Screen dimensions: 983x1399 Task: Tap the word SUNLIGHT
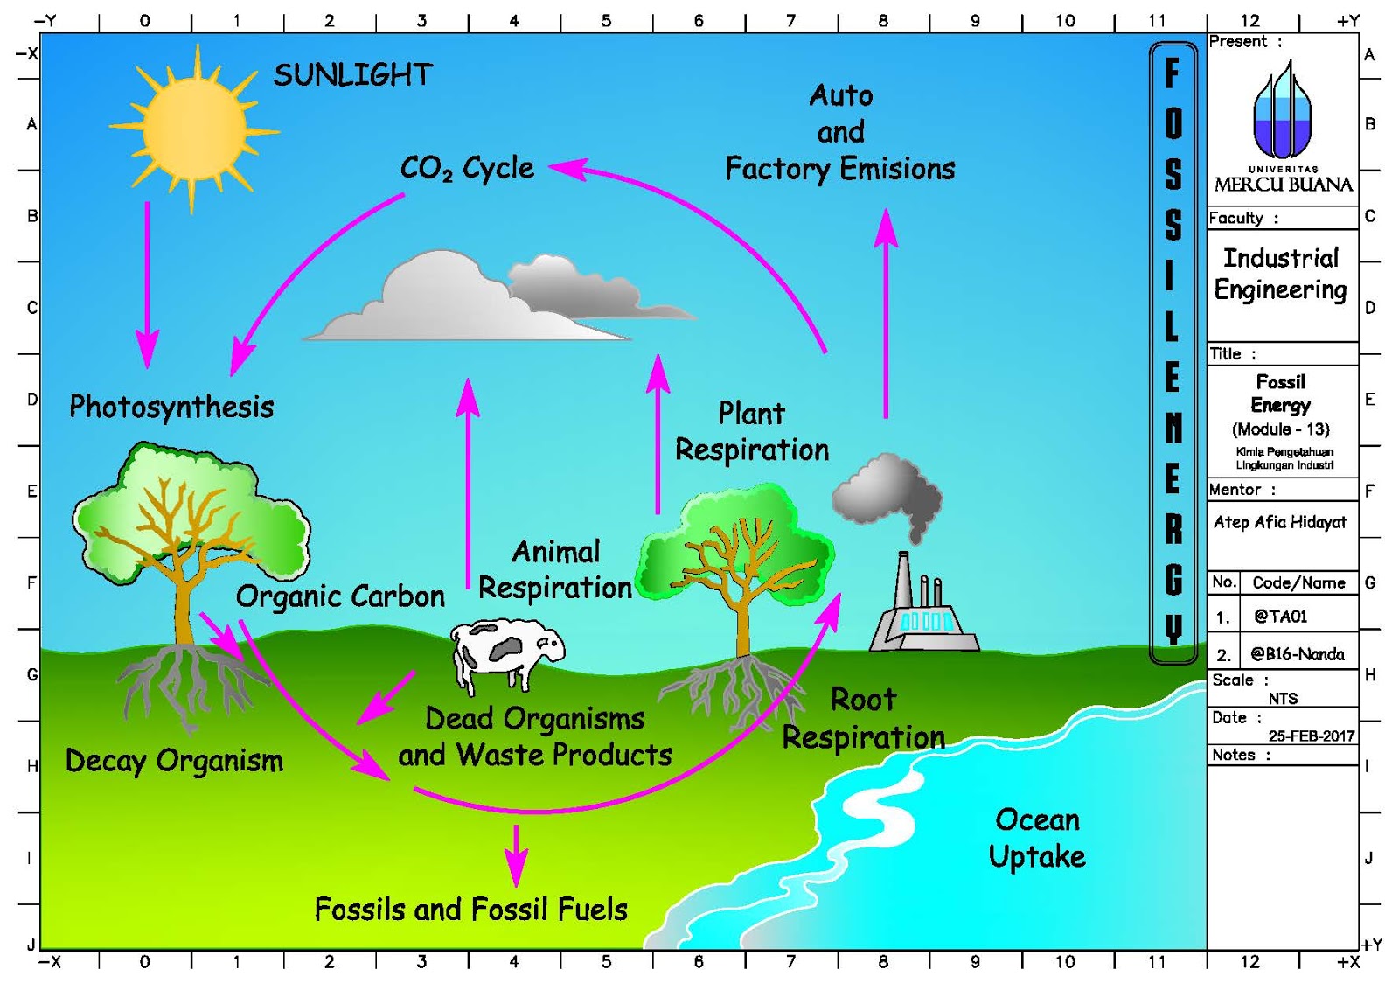coord(352,75)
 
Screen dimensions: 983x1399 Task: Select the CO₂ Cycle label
coord(467,167)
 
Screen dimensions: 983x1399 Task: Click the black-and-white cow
coord(505,652)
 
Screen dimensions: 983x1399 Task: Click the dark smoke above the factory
coord(887,494)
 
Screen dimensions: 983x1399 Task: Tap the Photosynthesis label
coord(171,407)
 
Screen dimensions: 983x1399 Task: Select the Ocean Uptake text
coord(1037,838)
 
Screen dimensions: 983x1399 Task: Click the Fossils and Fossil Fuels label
coord(470,910)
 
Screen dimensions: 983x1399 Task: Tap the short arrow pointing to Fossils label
coord(516,853)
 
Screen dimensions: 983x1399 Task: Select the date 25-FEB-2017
coord(1311,736)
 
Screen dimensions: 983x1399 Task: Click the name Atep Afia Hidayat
coord(1279,522)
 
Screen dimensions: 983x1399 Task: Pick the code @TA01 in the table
coord(1280,617)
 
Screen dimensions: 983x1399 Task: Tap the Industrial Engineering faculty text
coord(1280,274)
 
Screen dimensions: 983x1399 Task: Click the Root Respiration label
coord(863,718)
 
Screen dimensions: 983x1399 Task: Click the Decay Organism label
coord(174,761)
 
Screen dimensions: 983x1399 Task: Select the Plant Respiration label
coord(752,431)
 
